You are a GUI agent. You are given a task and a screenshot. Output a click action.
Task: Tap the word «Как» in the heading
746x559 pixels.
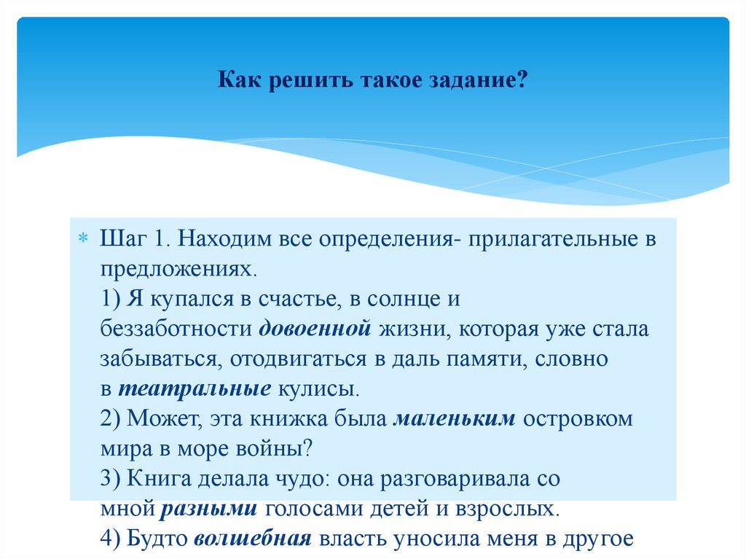[237, 80]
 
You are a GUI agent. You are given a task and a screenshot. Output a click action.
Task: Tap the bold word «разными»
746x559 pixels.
[209, 508]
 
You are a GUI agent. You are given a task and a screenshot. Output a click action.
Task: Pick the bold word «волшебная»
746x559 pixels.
[254, 539]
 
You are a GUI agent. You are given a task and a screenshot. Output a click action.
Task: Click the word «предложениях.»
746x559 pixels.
[180, 270]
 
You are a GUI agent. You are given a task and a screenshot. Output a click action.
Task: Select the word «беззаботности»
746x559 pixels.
[177, 329]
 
